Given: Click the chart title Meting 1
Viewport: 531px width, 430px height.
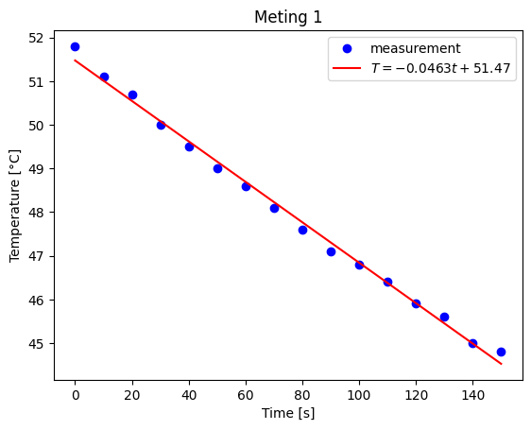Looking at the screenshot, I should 288,18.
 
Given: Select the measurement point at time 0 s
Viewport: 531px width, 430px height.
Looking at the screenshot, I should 76,46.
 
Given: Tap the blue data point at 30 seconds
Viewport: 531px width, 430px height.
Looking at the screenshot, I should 161,125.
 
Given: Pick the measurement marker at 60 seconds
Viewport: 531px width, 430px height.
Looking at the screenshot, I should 246,186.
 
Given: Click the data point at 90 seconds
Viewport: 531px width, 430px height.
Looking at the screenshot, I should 331,251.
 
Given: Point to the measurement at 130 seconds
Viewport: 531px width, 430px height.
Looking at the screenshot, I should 444,317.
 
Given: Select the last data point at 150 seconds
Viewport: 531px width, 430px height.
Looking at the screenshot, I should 501,352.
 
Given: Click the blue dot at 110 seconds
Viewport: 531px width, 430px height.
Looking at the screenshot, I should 387,282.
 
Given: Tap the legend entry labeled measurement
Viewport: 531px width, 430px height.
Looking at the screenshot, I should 415,48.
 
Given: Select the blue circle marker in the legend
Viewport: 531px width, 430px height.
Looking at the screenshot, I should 348,48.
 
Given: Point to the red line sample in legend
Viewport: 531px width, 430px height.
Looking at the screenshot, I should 348,69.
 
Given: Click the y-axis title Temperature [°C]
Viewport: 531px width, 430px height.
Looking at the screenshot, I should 15,204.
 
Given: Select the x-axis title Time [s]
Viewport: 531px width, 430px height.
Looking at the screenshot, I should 288,414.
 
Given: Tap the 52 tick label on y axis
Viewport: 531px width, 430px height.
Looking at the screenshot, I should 37,38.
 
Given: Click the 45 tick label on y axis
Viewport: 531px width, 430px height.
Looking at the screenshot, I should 37,344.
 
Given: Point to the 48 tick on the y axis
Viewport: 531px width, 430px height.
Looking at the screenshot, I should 37,213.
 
